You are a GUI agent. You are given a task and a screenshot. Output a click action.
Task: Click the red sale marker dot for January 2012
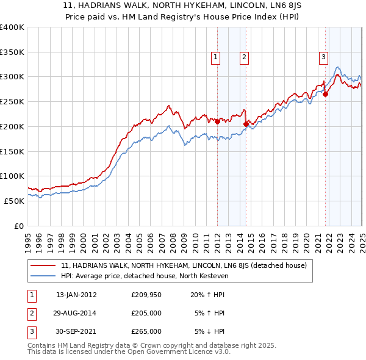coord(218,121)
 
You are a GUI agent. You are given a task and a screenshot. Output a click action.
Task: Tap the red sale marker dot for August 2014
coord(246,124)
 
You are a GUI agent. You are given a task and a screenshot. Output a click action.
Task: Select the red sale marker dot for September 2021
coord(325,94)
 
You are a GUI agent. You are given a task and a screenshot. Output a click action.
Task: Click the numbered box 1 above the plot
coord(216,57)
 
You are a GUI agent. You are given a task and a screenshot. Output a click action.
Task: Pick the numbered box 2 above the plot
coord(244,57)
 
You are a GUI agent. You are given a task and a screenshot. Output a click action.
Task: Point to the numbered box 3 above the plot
coord(323,57)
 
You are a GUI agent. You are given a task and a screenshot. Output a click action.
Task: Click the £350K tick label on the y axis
coord(12,52)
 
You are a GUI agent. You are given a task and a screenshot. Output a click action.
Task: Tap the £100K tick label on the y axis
coord(12,176)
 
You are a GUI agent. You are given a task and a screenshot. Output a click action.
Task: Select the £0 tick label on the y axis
coord(18,226)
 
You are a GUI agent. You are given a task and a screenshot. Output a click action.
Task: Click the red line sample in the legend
coord(44,265)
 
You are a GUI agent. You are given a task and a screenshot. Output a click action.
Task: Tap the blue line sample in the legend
coord(44,276)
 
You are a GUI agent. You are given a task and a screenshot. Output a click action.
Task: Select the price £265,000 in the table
coord(146,331)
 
